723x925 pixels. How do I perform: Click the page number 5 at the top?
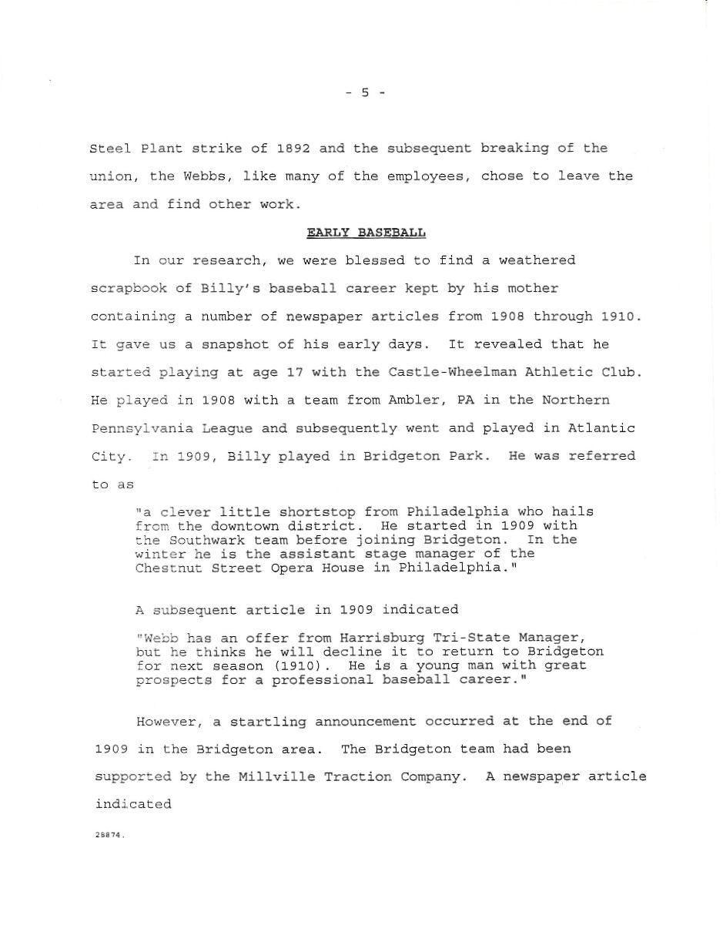[365, 92]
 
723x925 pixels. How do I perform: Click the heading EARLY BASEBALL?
[367, 232]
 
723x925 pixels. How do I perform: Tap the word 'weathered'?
[537, 260]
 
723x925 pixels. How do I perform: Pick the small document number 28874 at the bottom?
[109, 836]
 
